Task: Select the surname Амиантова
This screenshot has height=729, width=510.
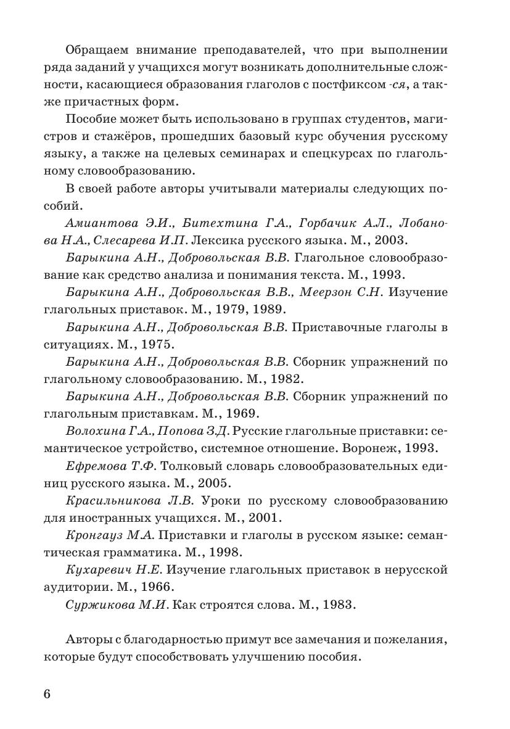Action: pos(95,221)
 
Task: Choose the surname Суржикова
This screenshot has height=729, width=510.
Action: pos(96,604)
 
